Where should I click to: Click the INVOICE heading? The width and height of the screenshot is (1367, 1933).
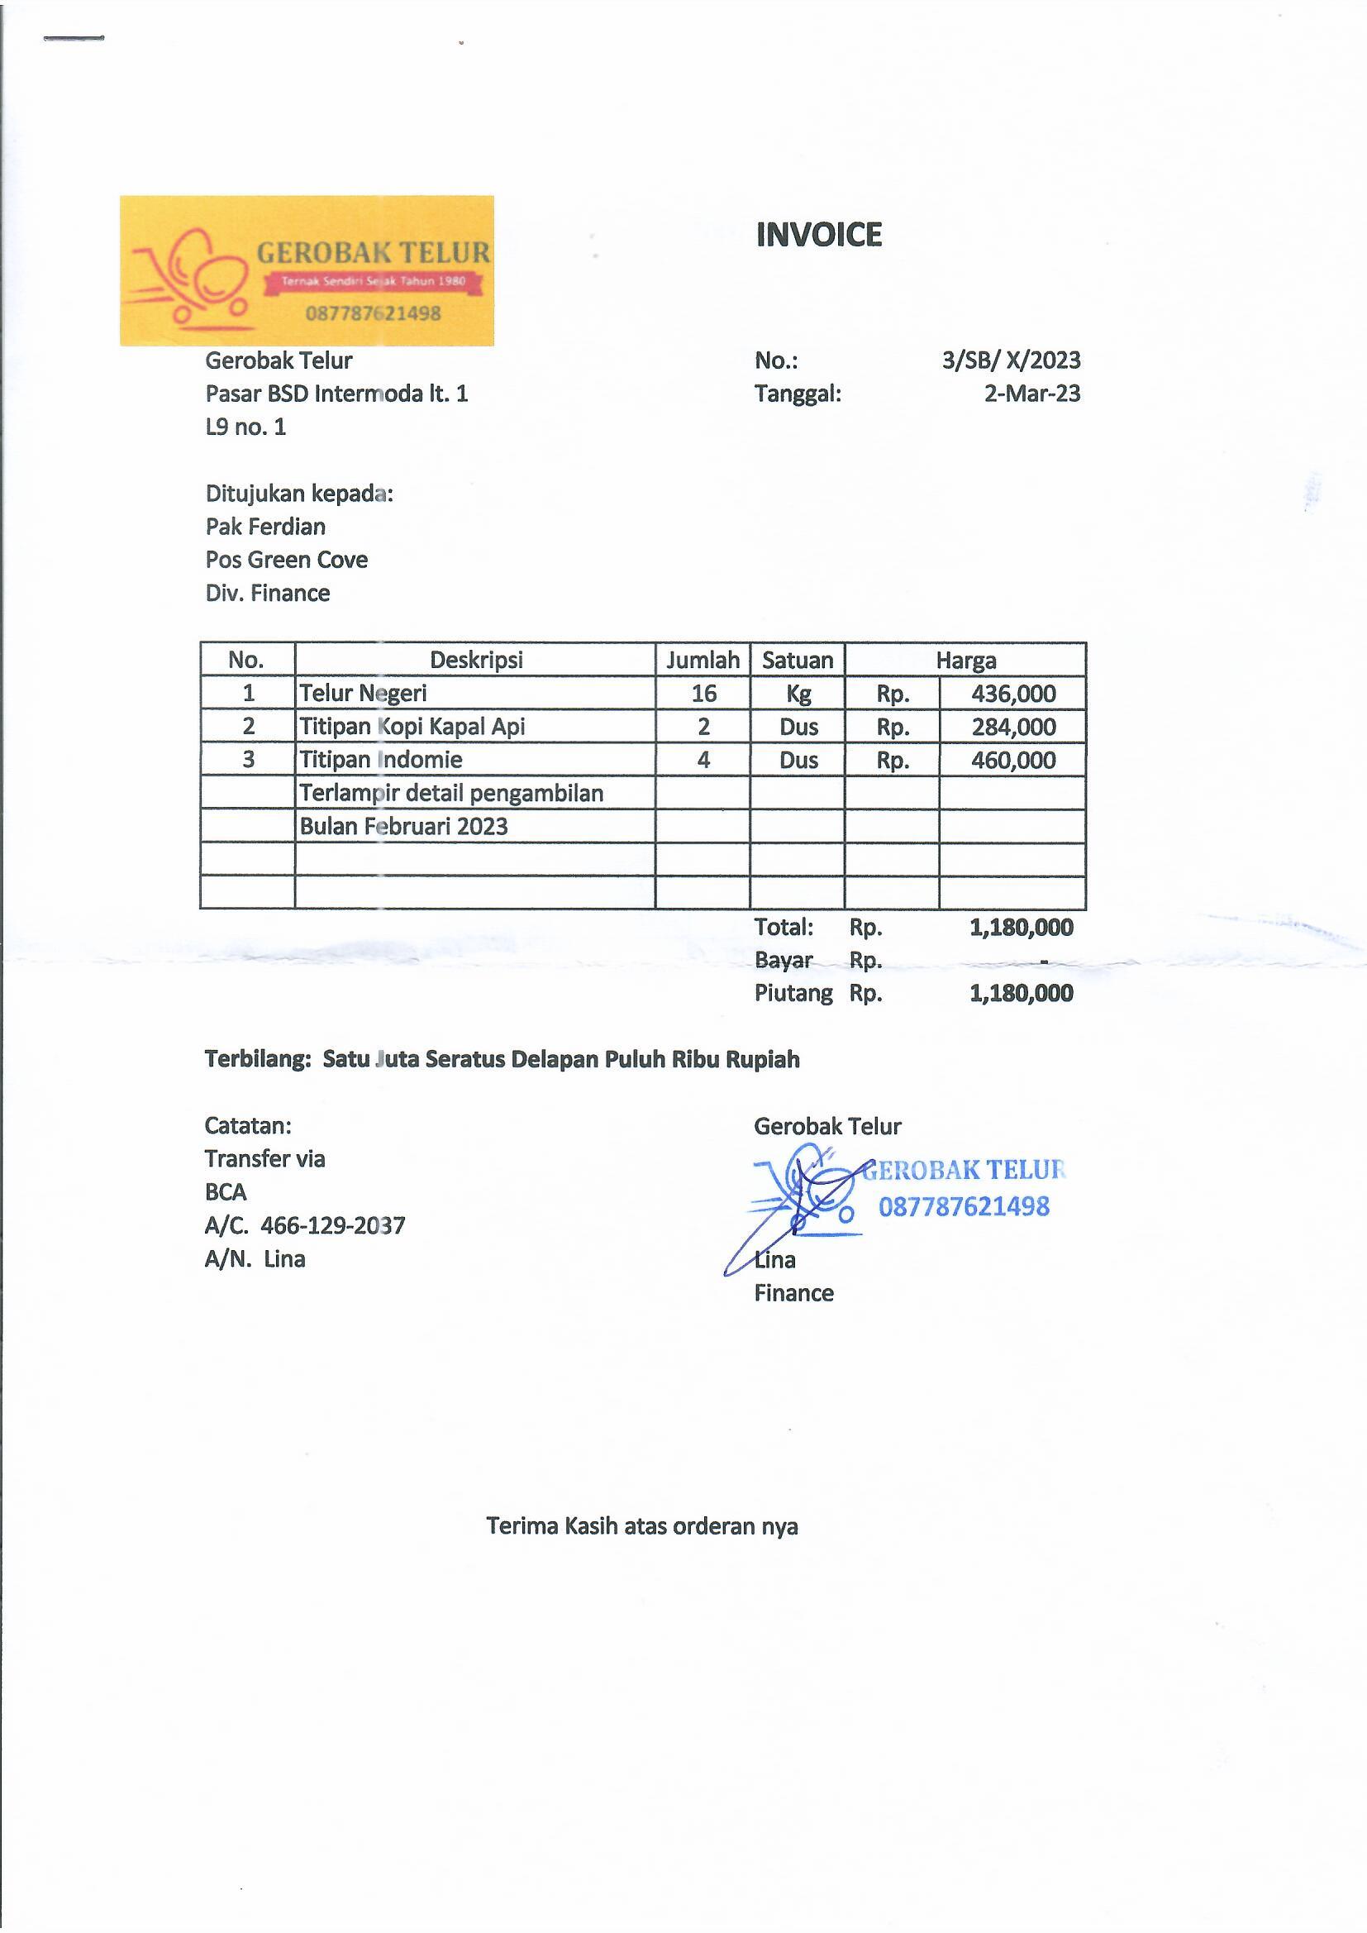(818, 235)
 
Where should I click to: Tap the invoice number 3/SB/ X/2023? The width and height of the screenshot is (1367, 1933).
(1010, 360)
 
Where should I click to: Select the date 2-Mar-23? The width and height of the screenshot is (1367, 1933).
(1032, 394)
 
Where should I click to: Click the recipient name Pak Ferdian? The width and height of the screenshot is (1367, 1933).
(265, 526)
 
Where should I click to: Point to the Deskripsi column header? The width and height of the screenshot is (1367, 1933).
(475, 660)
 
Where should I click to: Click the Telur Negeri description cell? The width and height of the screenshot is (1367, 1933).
(364, 693)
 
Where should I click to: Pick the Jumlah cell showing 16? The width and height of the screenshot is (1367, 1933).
(703, 693)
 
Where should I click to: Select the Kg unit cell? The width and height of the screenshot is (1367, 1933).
(798, 694)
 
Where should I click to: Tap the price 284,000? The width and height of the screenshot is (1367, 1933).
(1012, 727)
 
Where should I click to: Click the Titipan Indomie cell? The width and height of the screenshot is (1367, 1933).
(381, 759)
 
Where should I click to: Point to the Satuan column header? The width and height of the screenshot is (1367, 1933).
(797, 660)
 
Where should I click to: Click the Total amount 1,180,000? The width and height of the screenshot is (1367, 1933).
(1020, 927)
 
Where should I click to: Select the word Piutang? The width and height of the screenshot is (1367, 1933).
(793, 994)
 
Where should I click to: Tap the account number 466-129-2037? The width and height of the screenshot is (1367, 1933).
(332, 1225)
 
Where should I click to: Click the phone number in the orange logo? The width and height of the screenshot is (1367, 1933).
(373, 313)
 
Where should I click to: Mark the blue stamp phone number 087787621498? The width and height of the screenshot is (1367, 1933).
(964, 1206)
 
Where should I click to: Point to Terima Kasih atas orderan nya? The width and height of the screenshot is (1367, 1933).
(641, 1526)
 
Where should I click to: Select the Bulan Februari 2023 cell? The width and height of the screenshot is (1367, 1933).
(404, 826)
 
